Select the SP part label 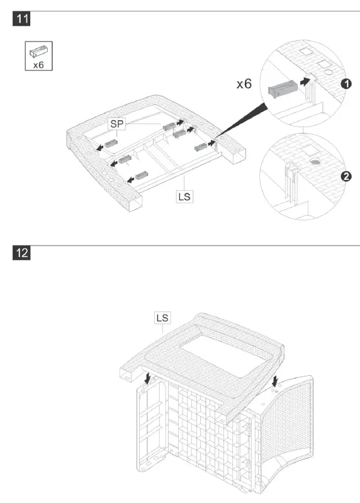pyautogui.click(x=117, y=124)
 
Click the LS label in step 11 pyautogui.click(x=184, y=196)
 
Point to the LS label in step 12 pyautogui.click(x=162, y=317)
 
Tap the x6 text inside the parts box pyautogui.click(x=38, y=65)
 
